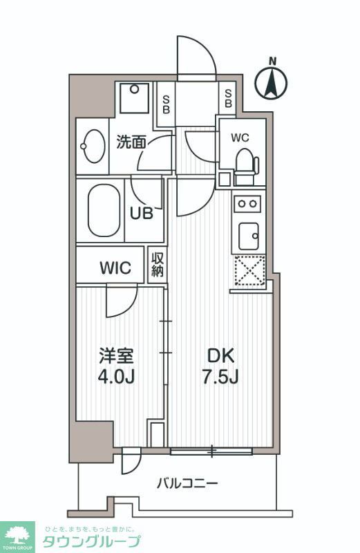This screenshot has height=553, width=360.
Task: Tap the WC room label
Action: point(240,136)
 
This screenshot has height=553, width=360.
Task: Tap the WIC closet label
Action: point(115,268)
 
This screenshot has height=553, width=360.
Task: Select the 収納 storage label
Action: point(157,265)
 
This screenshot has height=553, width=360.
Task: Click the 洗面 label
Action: point(131,142)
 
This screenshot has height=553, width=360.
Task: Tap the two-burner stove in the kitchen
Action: point(248,203)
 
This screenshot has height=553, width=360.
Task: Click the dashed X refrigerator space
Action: point(249,270)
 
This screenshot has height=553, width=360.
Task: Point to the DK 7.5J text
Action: point(222,367)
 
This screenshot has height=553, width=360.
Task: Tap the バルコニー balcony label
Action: point(187,482)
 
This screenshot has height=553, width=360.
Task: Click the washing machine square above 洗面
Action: point(133,98)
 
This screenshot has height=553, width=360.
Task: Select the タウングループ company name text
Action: point(91,541)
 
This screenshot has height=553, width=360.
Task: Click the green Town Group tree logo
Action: point(18,534)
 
